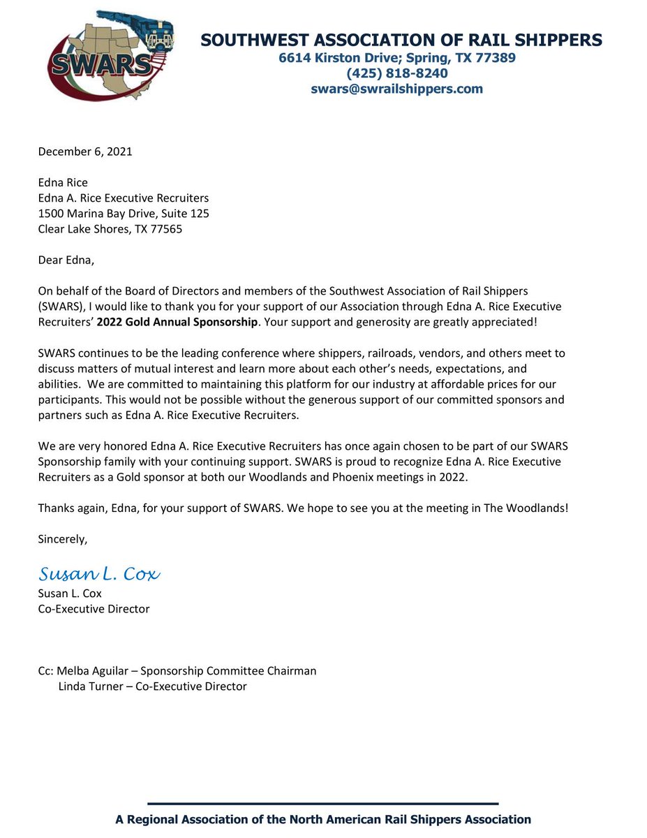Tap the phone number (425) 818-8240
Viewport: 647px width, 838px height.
(396, 73)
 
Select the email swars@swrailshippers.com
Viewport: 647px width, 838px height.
(396, 89)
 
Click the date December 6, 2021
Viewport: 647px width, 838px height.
(84, 152)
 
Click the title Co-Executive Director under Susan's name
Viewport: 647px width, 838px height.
(94, 609)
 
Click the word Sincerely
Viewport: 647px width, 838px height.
(64, 539)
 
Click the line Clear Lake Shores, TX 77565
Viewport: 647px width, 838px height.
(110, 229)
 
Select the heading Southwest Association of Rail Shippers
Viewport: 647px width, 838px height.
(401, 40)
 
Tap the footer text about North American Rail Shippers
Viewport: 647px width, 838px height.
(323, 819)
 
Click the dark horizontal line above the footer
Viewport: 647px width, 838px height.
(323, 804)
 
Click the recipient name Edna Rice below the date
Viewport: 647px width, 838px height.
(62, 182)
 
